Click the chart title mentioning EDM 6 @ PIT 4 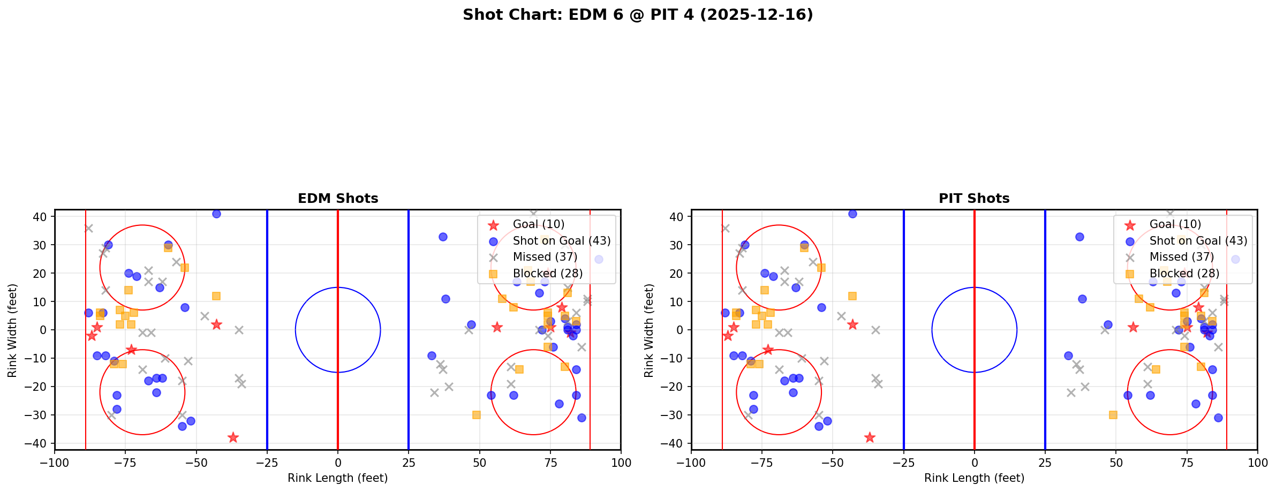pos(638,15)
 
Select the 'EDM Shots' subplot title pos(338,199)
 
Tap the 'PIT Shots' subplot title pos(974,199)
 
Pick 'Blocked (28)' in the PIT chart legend pos(1184,274)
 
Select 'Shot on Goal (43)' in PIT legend pos(1198,241)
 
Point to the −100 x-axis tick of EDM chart pos(55,463)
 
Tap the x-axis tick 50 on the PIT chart pos(1116,463)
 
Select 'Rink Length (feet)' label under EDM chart pos(338,478)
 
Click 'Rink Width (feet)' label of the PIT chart pos(649,330)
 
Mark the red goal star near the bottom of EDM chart pos(233,437)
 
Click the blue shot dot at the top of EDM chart pos(216,214)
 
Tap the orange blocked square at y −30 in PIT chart pos(1113,415)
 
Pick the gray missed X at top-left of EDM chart pos(88,228)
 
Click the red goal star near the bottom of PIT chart pos(870,437)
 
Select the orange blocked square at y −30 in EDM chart pos(476,415)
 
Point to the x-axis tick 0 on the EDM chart pos(338,463)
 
